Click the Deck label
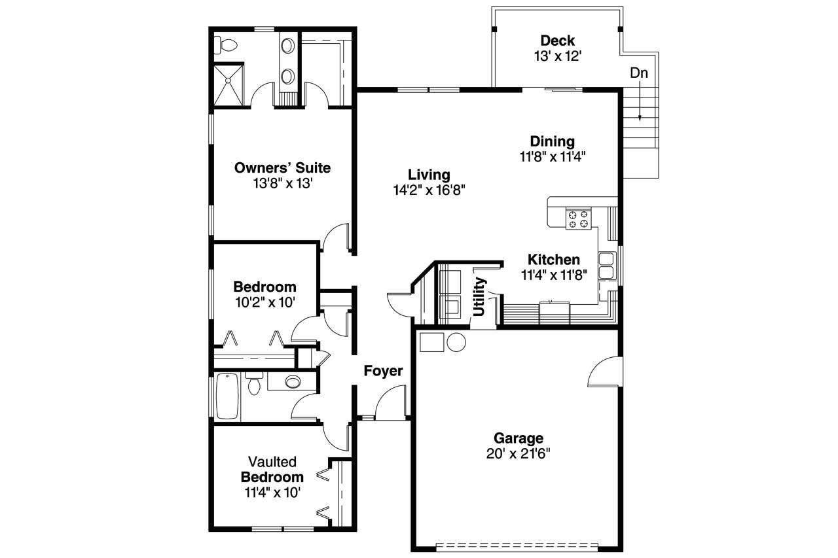[x=558, y=41]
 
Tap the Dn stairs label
[x=639, y=73]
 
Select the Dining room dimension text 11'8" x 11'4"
[x=552, y=156]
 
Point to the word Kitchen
[x=554, y=259]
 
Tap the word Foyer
[x=383, y=371]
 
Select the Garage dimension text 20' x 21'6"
[x=518, y=453]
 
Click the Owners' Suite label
[x=282, y=168]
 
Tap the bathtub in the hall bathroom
[x=227, y=396]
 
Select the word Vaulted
[x=272, y=461]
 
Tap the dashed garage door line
[x=517, y=544]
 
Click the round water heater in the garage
[x=456, y=342]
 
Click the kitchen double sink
[x=606, y=265]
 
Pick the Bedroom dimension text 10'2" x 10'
[x=264, y=302]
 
